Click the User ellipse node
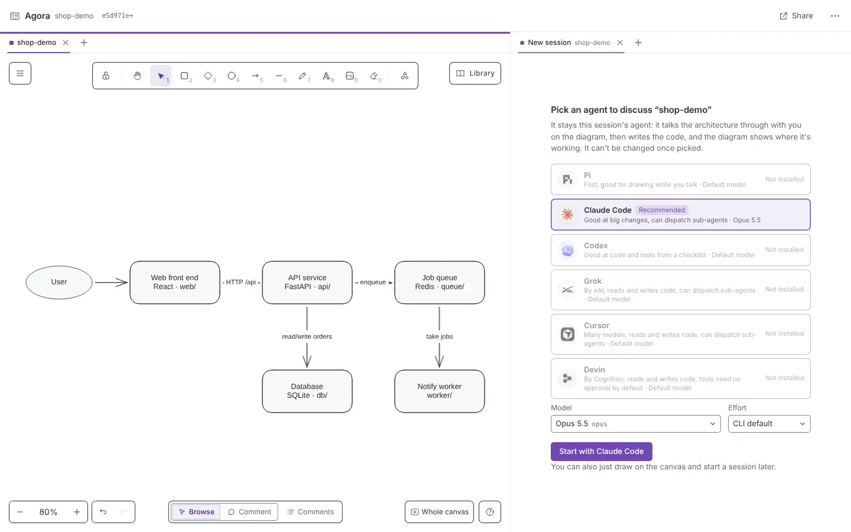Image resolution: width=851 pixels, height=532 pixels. pyautogui.click(x=59, y=282)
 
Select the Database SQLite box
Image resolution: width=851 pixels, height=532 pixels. pyautogui.click(x=307, y=391)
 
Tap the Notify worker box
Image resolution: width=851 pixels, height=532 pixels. pyautogui.click(x=439, y=391)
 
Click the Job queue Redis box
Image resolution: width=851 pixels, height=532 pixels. pyautogui.click(x=439, y=283)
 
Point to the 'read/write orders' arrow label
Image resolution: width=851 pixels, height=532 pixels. pyautogui.click(x=307, y=336)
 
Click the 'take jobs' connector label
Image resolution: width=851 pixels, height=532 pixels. pyautogui.click(x=439, y=336)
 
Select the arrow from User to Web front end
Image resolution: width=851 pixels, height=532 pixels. pyautogui.click(x=111, y=283)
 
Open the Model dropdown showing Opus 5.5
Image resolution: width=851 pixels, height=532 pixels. pyautogui.click(x=636, y=424)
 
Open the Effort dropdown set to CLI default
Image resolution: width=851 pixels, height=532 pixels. pyautogui.click(x=769, y=424)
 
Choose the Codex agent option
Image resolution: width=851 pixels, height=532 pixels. pyautogui.click(x=680, y=249)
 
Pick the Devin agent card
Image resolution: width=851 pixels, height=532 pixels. pyautogui.click(x=680, y=378)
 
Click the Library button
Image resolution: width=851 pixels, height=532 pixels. pyautogui.click(x=475, y=73)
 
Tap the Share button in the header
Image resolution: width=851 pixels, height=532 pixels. pyautogui.click(x=796, y=15)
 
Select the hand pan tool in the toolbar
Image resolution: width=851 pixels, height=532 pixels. pyautogui.click(x=137, y=76)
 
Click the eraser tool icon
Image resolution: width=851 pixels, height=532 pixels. pyautogui.click(x=374, y=76)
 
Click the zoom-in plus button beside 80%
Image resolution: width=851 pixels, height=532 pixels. pyautogui.click(x=77, y=512)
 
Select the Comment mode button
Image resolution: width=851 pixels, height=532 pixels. pyautogui.click(x=249, y=512)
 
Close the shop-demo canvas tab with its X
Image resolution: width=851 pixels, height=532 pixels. pyautogui.click(x=66, y=43)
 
